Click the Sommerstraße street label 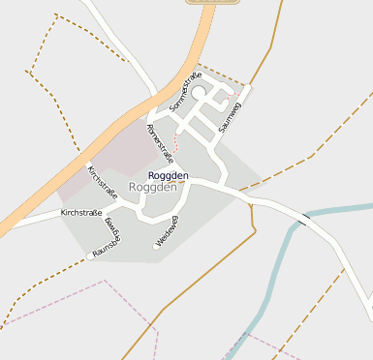184,89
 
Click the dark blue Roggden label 169,175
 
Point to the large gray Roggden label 153,187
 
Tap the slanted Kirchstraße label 102,181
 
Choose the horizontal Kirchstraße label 81,212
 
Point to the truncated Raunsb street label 104,250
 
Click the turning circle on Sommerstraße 199,92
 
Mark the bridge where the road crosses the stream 304,220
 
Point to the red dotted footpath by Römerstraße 177,141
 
